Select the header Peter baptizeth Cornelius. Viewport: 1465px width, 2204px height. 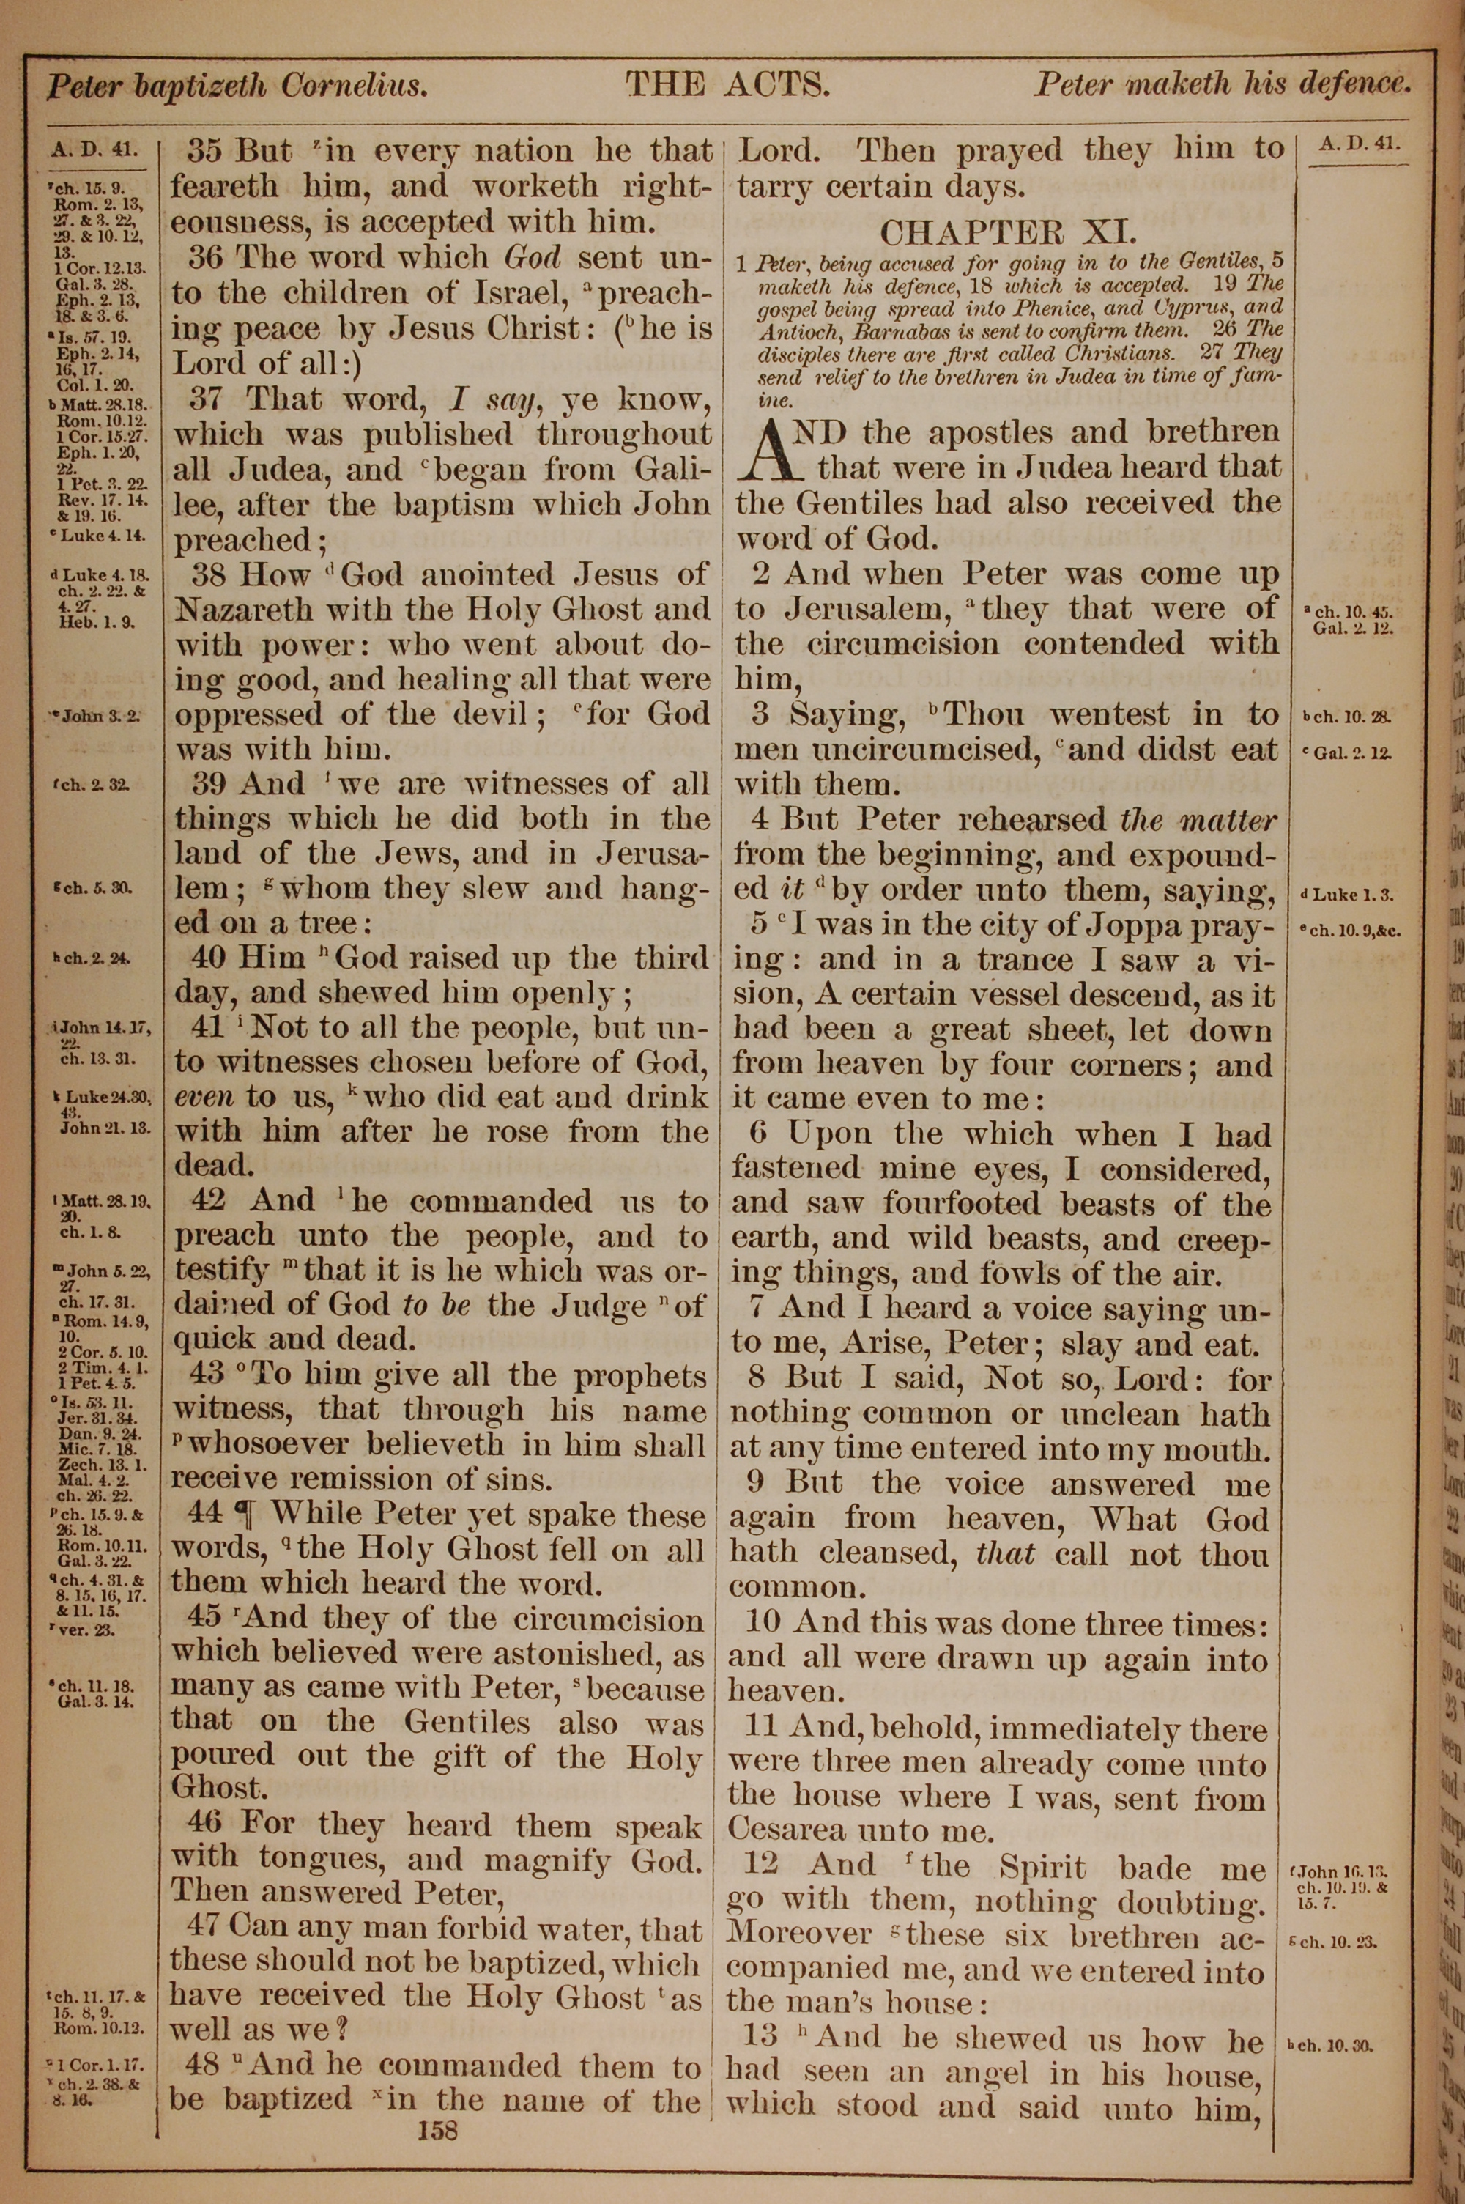(x=237, y=87)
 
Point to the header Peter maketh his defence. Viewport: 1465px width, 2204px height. (x=1220, y=85)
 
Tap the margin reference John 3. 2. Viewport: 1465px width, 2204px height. (x=99, y=717)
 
